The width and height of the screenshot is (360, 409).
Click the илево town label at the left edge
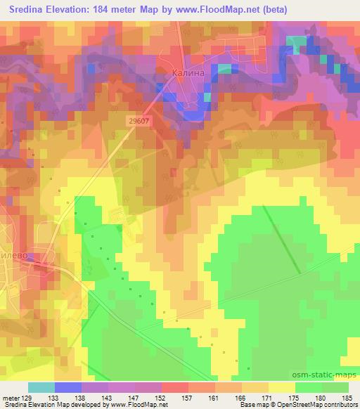[x=15, y=257]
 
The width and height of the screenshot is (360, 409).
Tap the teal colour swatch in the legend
[x=41, y=387]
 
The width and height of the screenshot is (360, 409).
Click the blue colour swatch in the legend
[x=68, y=387]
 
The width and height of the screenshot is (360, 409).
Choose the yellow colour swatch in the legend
[x=282, y=387]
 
